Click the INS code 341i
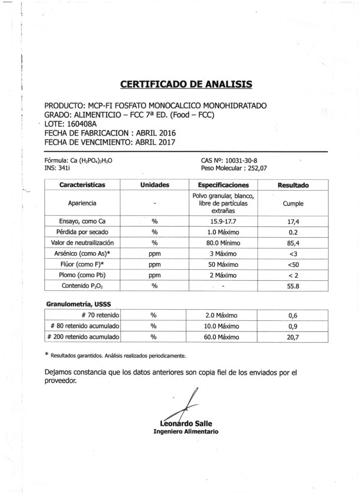pyautogui.click(x=63, y=168)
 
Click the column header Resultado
pyautogui.click(x=293, y=185)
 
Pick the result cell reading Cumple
pyautogui.click(x=293, y=204)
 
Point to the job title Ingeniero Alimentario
pyautogui.click(x=186, y=431)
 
